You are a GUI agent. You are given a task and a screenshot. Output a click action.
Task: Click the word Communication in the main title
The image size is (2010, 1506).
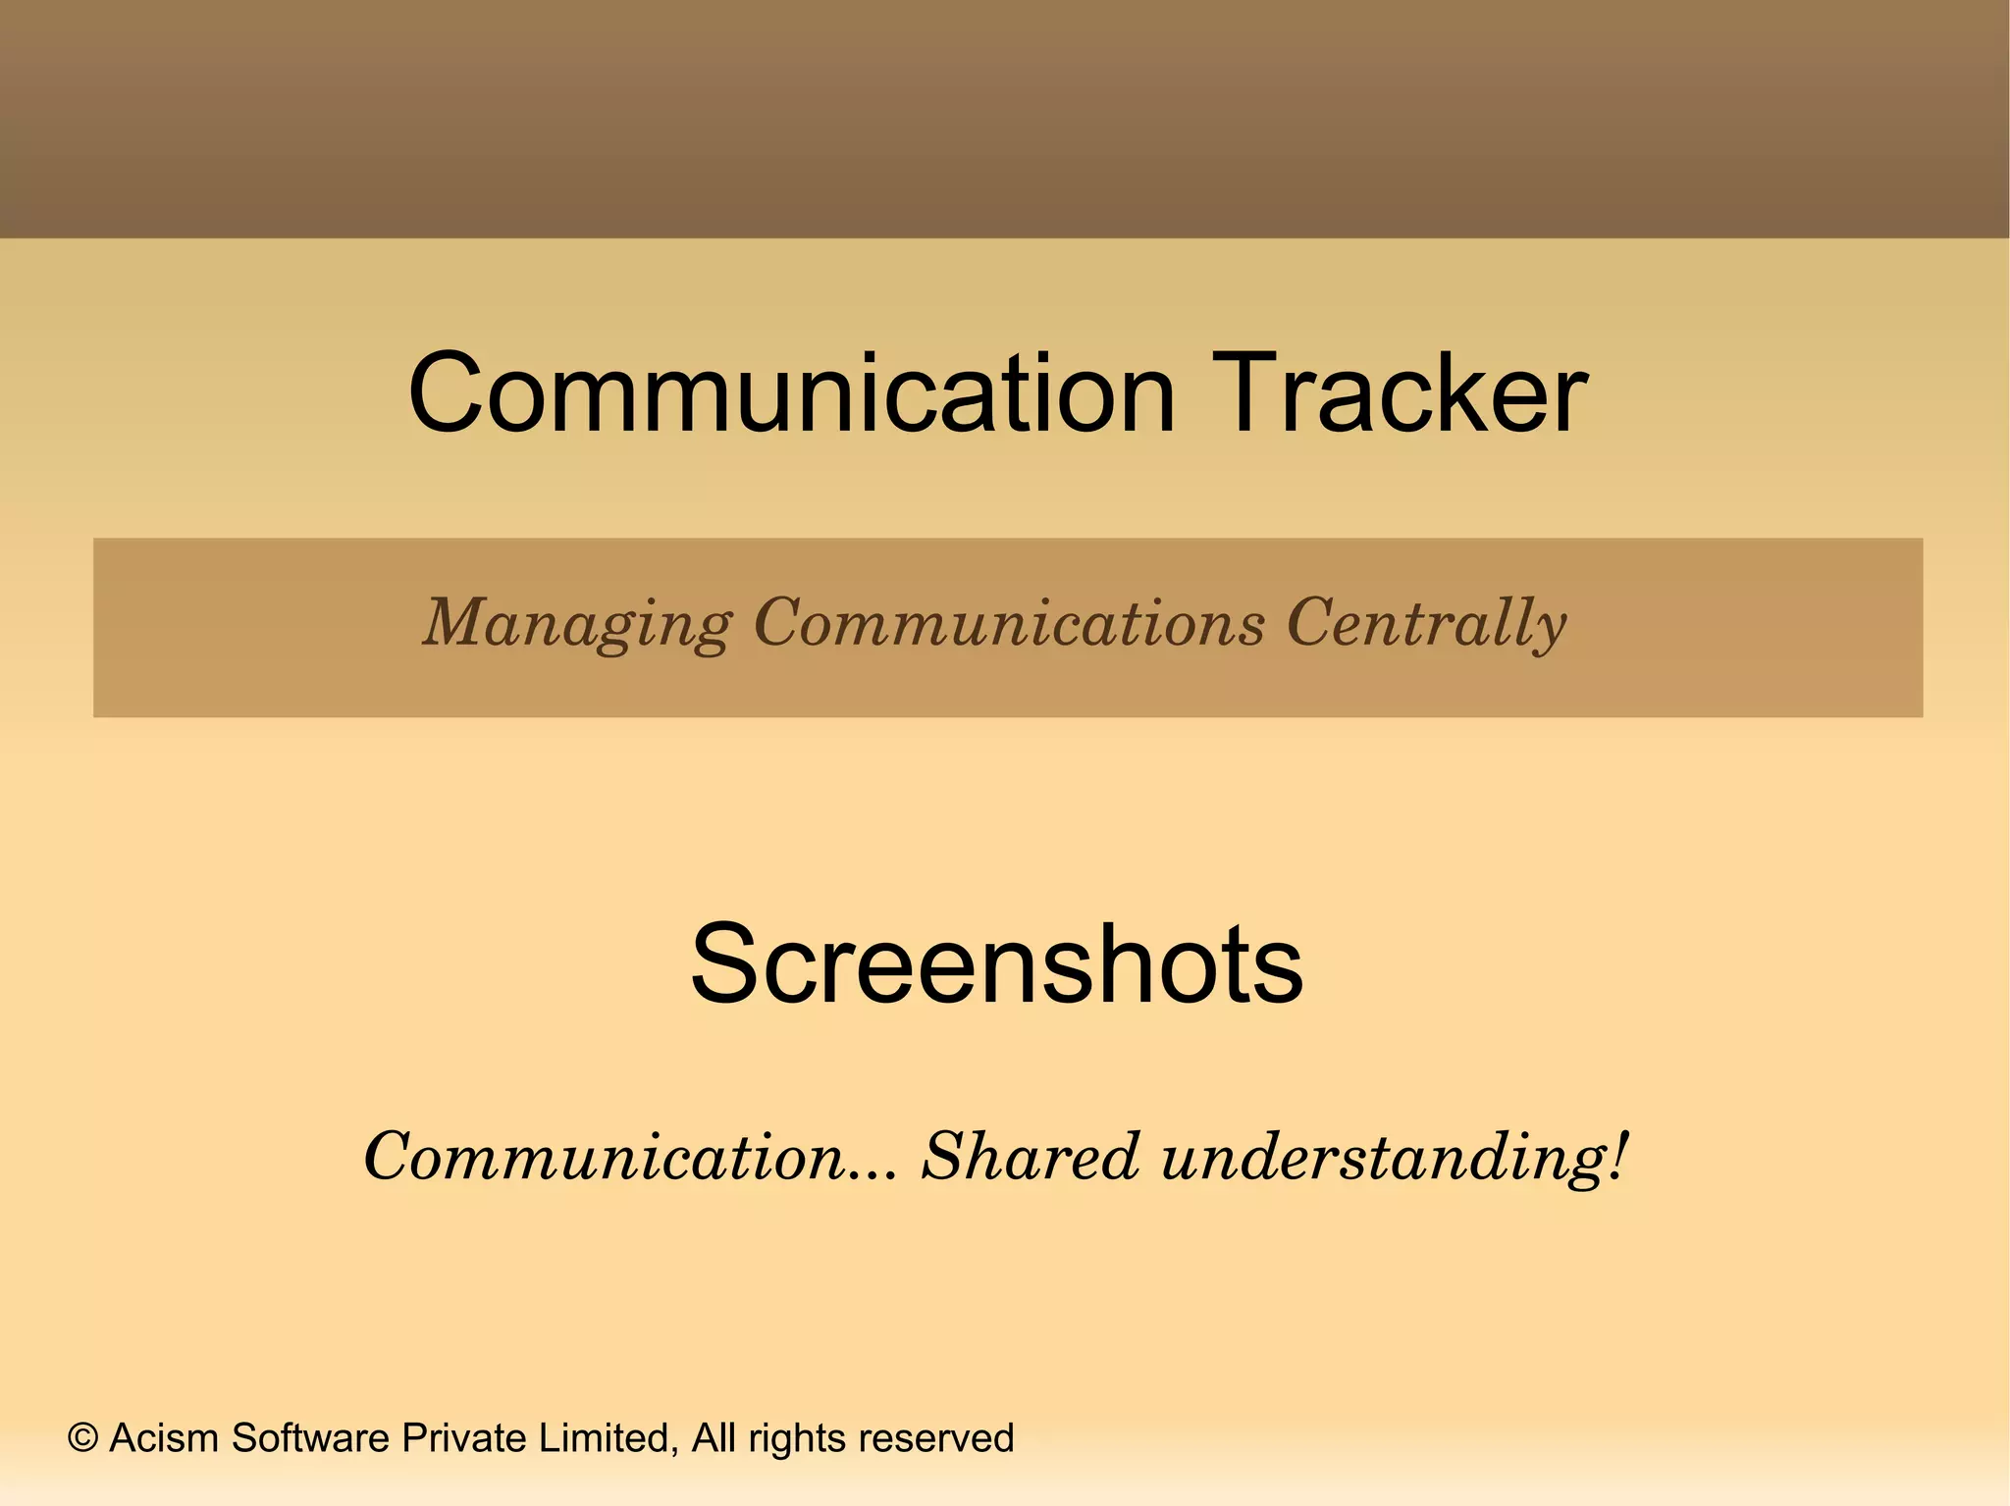pyautogui.click(x=791, y=394)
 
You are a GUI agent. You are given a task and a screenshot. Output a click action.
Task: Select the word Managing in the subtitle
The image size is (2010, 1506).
pyautogui.click(x=577, y=624)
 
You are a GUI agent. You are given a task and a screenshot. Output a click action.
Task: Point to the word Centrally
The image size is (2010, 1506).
pyautogui.click(x=1426, y=624)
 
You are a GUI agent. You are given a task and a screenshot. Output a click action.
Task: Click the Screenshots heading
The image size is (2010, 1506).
pyautogui.click(x=996, y=964)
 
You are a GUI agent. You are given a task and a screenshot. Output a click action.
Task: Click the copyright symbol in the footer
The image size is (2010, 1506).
pyautogui.click(x=83, y=1438)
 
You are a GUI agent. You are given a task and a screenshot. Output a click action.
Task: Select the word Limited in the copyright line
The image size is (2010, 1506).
pyautogui.click(x=608, y=1438)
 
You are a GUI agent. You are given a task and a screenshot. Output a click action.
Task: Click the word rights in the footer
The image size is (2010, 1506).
pyautogui.click(x=798, y=1438)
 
